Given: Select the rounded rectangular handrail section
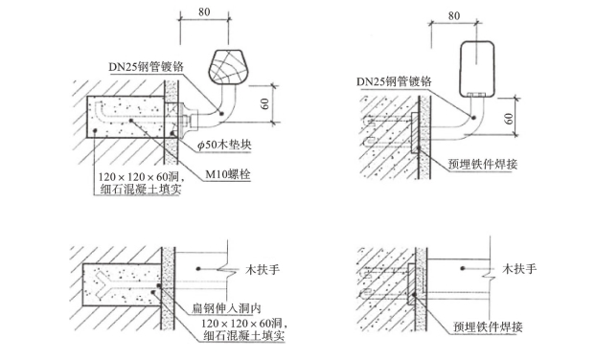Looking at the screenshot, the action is click(477, 69).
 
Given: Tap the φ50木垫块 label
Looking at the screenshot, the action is click(224, 146).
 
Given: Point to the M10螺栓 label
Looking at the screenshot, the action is click(228, 174).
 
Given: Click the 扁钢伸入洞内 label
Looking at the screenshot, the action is click(226, 308).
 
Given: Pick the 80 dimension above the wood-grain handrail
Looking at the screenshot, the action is click(204, 12).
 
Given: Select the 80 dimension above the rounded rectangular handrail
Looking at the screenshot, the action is click(454, 16).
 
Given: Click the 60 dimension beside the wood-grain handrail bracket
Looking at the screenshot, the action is click(265, 103).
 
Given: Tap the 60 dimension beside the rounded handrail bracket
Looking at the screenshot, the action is click(510, 119).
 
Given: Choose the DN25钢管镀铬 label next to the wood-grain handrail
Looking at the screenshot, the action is click(146, 67).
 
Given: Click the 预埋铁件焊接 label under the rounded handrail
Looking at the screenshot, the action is click(483, 164).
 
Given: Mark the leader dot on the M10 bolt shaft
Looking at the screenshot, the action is click(130, 121).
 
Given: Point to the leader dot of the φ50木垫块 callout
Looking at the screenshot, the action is click(172, 133).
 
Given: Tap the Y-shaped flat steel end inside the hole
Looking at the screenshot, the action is click(103, 284).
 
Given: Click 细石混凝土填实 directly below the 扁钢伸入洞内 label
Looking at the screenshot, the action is click(244, 336).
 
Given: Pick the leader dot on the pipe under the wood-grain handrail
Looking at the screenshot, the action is click(221, 113).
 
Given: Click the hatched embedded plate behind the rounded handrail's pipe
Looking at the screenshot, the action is click(414, 132).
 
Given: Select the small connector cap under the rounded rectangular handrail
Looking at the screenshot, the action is click(476, 94).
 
